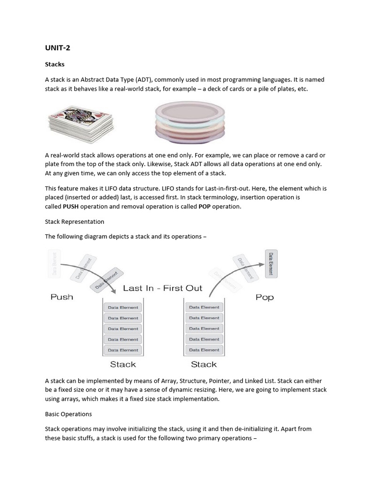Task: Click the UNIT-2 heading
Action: (58, 48)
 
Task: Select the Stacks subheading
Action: (55, 64)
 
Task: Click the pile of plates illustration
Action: (189, 124)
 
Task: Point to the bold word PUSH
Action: (71, 206)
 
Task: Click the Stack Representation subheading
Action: (75, 221)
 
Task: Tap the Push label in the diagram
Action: (62, 297)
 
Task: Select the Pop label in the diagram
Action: (264, 297)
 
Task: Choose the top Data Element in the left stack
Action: (123, 307)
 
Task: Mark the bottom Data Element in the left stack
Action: (123, 350)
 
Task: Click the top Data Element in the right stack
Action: (204, 307)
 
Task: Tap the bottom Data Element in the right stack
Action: (204, 350)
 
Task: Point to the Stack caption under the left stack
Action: (123, 364)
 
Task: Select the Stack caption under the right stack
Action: (204, 364)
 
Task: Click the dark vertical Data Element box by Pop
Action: (271, 263)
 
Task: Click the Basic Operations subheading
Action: (68, 414)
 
